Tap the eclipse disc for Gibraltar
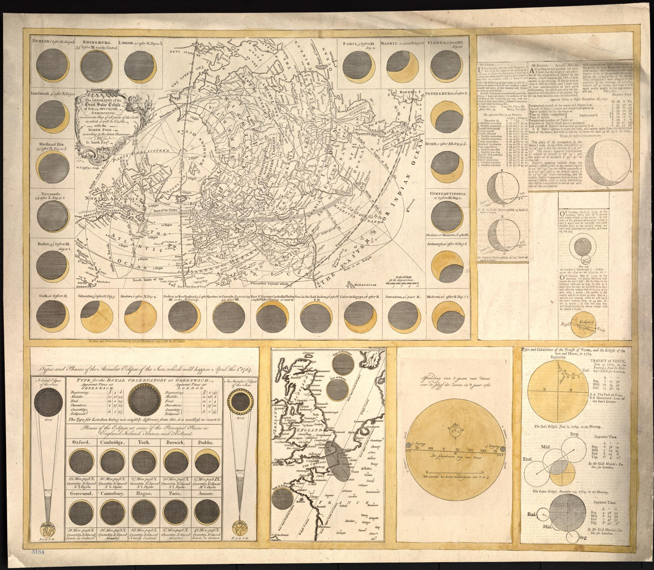pos(97,316)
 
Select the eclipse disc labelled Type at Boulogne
pos(342,363)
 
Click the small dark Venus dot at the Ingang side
pos(408,445)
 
